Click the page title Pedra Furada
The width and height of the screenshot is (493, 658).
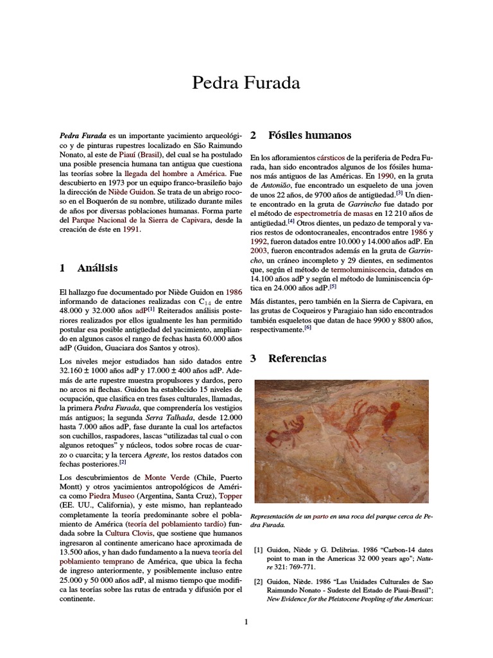click(x=246, y=82)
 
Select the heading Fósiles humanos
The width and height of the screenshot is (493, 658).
click(x=309, y=136)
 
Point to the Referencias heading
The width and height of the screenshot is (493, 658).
click(x=297, y=359)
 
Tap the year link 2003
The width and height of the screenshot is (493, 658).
click(x=261, y=251)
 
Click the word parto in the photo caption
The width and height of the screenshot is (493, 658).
click(x=320, y=517)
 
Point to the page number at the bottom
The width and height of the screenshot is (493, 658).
click(x=246, y=621)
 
